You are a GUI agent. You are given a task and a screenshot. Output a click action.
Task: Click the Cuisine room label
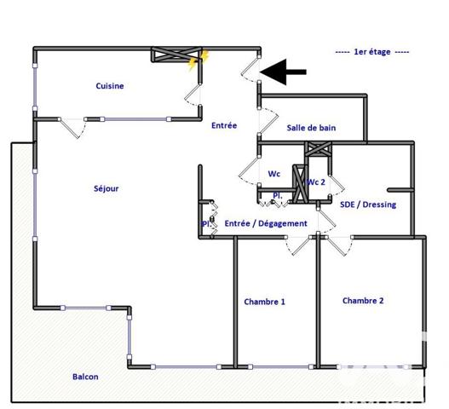click(x=110, y=86)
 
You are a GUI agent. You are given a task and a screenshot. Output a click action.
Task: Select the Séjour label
click(x=106, y=188)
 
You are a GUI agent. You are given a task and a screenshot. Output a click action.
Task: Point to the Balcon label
click(x=85, y=377)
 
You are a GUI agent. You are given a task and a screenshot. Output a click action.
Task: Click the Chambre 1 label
click(x=265, y=302)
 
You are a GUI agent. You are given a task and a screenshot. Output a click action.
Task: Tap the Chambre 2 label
click(x=363, y=301)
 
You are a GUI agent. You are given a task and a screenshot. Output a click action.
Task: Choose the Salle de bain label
click(x=311, y=128)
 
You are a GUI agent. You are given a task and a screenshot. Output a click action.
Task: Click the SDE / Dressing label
click(x=368, y=204)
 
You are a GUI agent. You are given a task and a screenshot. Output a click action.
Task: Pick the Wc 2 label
click(x=316, y=182)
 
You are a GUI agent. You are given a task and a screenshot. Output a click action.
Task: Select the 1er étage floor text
click(x=372, y=52)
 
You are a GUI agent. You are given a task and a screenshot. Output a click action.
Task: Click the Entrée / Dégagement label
click(x=265, y=223)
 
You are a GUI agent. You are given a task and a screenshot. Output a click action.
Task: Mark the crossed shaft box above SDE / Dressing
click(x=319, y=149)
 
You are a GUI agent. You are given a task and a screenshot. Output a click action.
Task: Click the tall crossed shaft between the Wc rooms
click(x=298, y=182)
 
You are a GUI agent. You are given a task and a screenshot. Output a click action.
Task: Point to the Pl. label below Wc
click(x=278, y=196)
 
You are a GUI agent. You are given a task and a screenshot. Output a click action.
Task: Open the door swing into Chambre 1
click(x=300, y=247)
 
